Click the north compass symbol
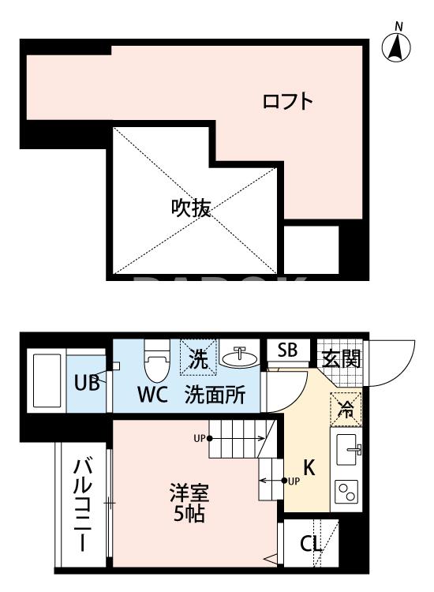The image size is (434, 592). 399,47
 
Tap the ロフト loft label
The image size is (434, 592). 288,102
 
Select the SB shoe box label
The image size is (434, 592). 286,351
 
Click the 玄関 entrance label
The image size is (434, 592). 342,358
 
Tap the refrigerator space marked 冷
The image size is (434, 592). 344,408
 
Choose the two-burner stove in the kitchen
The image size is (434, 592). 346,492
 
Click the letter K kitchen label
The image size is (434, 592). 309,467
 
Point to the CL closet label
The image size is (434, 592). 310,545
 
